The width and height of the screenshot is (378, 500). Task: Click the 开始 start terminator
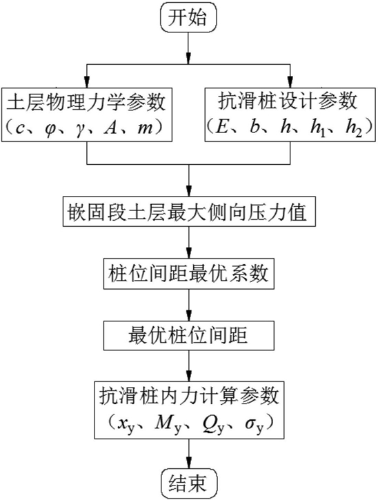[188, 17]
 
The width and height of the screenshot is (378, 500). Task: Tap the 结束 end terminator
[188, 483]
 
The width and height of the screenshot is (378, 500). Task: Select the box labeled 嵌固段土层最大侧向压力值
[189, 212]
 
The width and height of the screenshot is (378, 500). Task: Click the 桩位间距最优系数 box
[189, 274]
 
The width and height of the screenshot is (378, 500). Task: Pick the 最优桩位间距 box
[189, 335]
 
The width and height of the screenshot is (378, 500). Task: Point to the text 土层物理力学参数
[86, 103]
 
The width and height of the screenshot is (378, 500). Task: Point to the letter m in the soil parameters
[144, 128]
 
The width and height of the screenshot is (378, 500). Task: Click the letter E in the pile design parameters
[221, 128]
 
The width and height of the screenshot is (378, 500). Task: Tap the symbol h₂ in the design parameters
[354, 129]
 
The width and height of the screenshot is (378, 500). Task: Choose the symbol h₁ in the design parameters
[317, 129]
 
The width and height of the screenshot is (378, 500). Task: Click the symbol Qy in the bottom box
[213, 425]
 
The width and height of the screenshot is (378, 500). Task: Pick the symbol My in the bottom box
[168, 425]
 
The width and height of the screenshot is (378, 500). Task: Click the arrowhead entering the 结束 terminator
[189, 463]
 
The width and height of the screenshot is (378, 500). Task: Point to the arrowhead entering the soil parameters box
[87, 82]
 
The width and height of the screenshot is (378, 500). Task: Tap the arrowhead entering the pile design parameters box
[290, 82]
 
